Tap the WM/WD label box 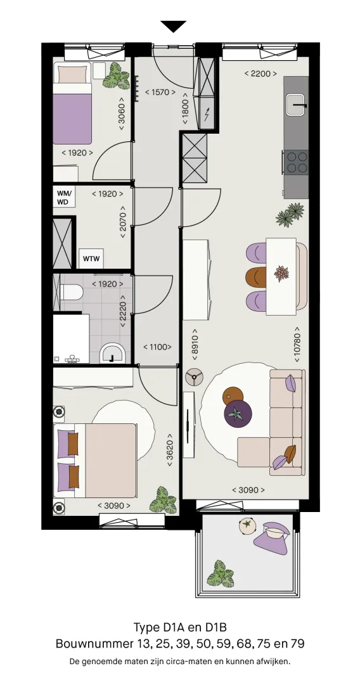pos(65,197)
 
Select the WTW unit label pos(91,259)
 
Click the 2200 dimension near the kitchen pos(260,74)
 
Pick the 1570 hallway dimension pos(160,93)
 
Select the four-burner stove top pos(297,162)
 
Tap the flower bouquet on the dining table pos(281,274)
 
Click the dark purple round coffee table pos(238,414)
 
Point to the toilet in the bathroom pos(72,292)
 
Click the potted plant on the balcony pos(220,573)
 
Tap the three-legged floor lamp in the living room pos(194,376)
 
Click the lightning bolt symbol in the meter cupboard pos(207,114)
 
